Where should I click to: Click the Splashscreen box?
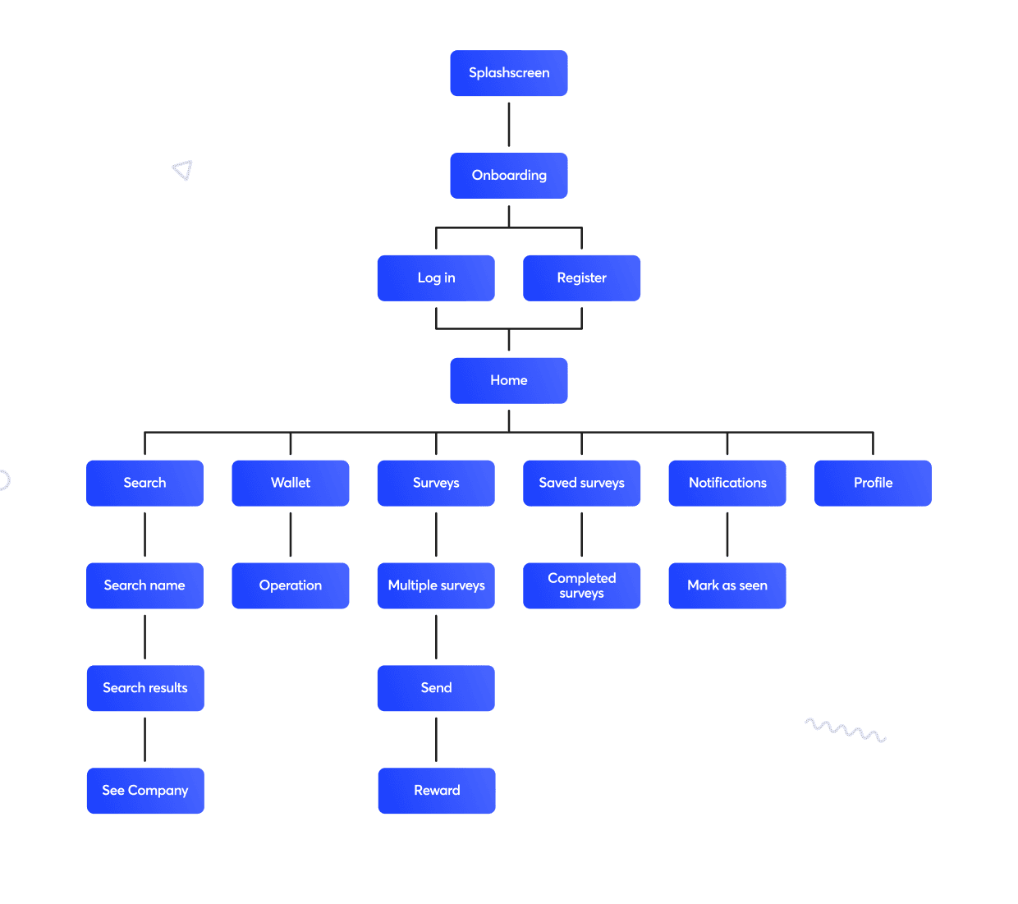pos(509,73)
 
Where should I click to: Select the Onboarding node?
pos(509,176)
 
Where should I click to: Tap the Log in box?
pos(436,278)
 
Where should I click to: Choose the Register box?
pos(581,278)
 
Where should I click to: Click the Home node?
pos(509,381)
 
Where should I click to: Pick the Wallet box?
pos(291,483)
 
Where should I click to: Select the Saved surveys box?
pos(581,483)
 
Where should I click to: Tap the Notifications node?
pos(727,483)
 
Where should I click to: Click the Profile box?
pos(873,483)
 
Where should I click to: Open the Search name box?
pos(144,585)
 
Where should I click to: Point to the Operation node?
pos(291,585)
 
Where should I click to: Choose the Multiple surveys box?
pos(436,585)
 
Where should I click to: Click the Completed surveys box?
pos(581,585)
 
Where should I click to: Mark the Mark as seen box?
pos(727,585)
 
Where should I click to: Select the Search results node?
pos(145,688)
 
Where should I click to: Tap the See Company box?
pos(145,791)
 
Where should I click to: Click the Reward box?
pos(437,791)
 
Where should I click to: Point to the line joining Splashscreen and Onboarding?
pos(509,125)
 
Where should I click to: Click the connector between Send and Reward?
pos(436,739)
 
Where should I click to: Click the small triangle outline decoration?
pos(183,170)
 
